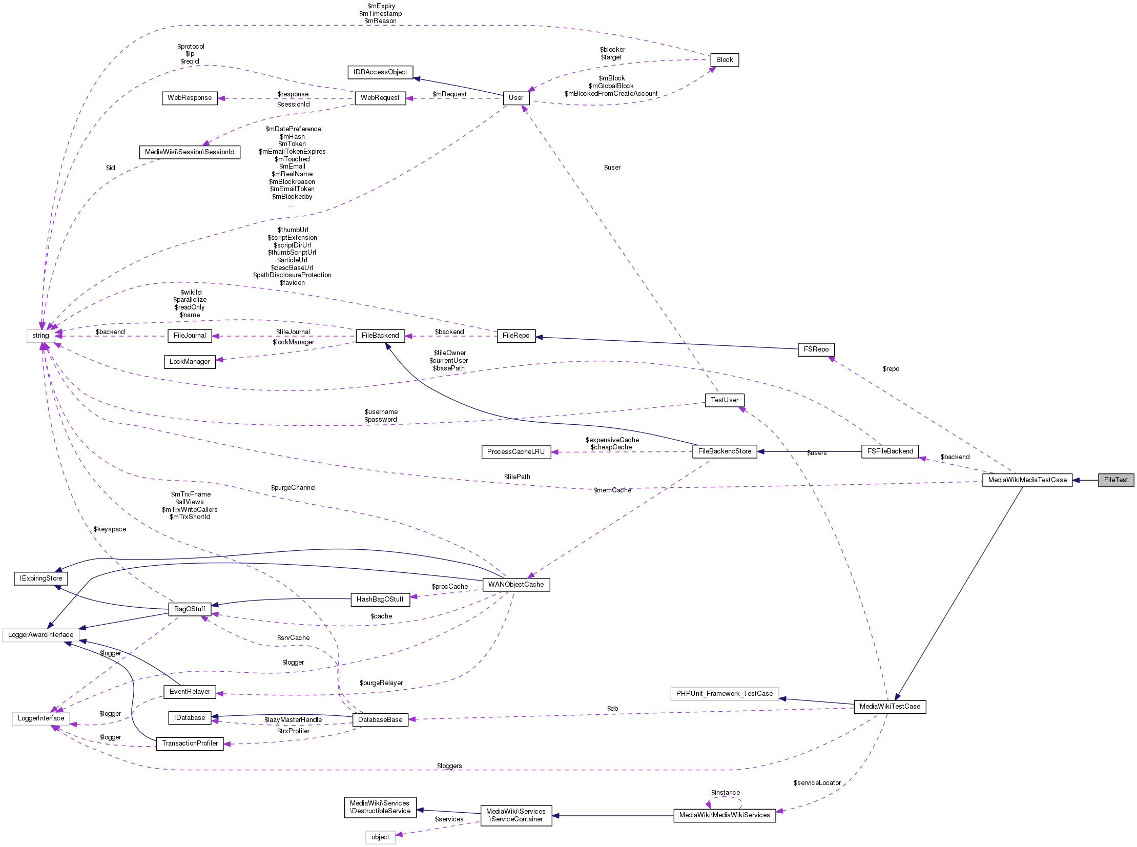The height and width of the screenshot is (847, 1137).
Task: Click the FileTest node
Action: tap(1115, 481)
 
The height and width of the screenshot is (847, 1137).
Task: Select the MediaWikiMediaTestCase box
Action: tap(1027, 481)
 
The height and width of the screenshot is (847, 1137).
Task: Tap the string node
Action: tap(40, 336)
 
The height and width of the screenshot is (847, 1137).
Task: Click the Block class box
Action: tap(724, 60)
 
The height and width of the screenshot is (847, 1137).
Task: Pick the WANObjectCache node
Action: tap(515, 585)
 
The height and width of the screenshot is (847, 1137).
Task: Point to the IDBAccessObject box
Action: tap(380, 72)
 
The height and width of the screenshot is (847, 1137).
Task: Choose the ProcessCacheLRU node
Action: tap(515, 452)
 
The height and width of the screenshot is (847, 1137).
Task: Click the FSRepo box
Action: tap(816, 349)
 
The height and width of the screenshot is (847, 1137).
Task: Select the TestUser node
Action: tap(724, 400)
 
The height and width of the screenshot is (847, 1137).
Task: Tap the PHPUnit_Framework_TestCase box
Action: tap(724, 694)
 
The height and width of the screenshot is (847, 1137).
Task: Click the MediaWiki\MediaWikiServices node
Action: tap(724, 815)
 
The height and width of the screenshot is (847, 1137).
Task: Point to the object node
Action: tap(380, 837)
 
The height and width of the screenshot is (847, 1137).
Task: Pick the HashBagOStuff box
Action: tap(380, 600)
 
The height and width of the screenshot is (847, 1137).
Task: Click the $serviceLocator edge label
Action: tap(817, 783)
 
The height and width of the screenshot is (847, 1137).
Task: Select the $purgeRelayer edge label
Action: tap(381, 683)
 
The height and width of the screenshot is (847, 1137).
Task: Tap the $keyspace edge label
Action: tap(110, 529)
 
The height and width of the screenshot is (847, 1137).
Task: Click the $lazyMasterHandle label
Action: tap(293, 720)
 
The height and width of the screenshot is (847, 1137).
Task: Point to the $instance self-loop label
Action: tap(725, 793)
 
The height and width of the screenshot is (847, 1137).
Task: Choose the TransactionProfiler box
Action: tap(190, 743)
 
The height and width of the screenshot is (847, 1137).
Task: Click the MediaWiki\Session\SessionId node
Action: tap(189, 152)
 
